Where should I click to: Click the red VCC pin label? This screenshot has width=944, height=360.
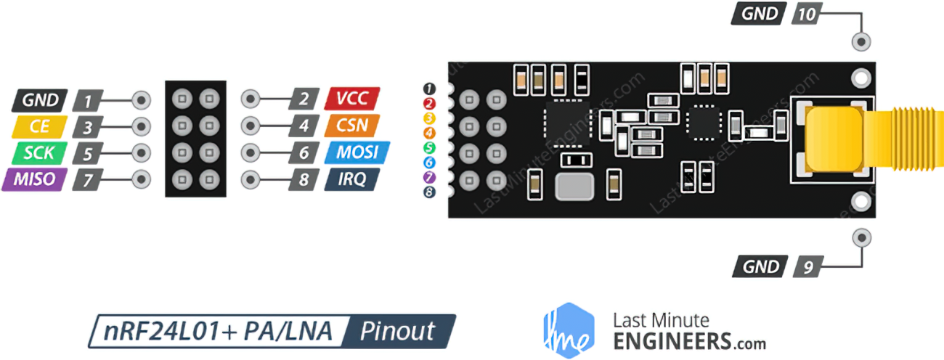pyautogui.click(x=353, y=99)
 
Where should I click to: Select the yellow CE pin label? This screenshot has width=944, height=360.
pyautogui.click(x=41, y=126)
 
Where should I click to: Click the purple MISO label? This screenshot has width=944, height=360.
pyautogui.click(x=35, y=179)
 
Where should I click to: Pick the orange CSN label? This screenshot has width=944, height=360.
pyautogui.click(x=353, y=126)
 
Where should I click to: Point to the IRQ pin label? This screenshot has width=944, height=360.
pyautogui.click(x=351, y=179)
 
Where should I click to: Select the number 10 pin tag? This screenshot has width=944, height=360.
pyautogui.click(x=806, y=13)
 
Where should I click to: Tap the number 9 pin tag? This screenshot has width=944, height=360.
pyautogui.click(x=807, y=267)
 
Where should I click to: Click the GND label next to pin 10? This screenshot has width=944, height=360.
pyautogui.click(x=760, y=13)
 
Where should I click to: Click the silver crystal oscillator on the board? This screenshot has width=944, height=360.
pyautogui.click(x=574, y=186)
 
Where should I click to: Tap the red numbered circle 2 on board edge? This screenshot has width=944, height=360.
pyautogui.click(x=429, y=103)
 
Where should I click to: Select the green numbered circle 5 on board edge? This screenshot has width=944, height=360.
pyautogui.click(x=429, y=147)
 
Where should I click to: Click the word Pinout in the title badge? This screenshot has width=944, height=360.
pyautogui.click(x=399, y=332)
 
